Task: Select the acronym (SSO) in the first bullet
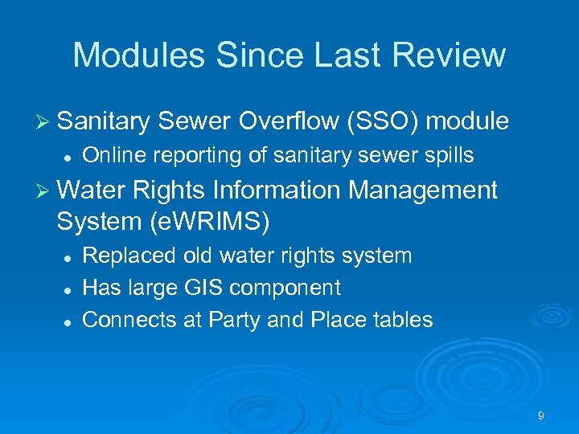click(381, 121)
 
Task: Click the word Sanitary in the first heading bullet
click(105, 121)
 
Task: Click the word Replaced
click(129, 256)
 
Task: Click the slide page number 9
click(541, 416)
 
